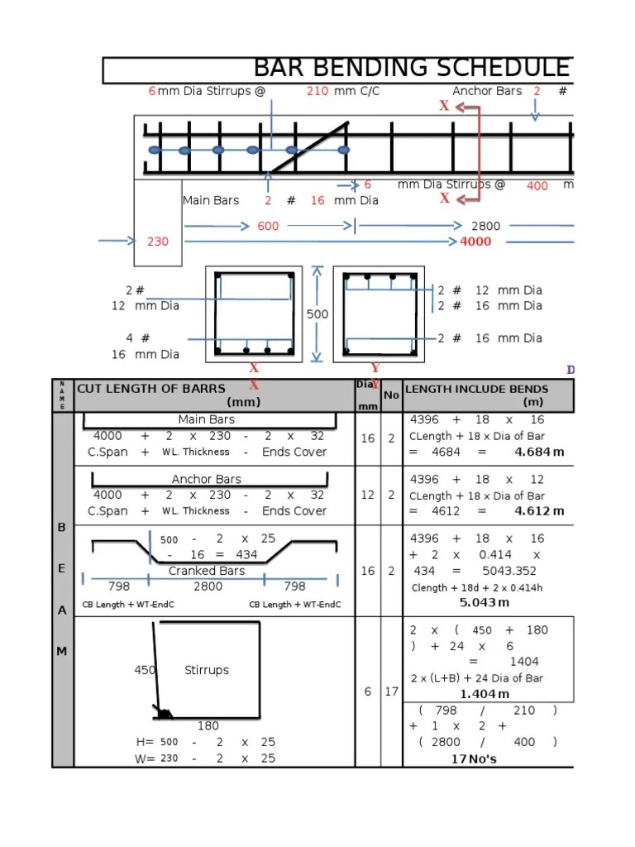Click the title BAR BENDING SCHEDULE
pyautogui.click(x=412, y=68)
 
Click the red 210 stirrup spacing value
pyautogui.click(x=317, y=91)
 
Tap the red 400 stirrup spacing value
pyautogui.click(x=537, y=186)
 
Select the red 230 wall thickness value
pyautogui.click(x=158, y=242)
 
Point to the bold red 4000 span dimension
pyautogui.click(x=475, y=242)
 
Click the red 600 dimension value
pyautogui.click(x=268, y=226)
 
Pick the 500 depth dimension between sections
pyautogui.click(x=317, y=314)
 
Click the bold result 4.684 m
pyautogui.click(x=539, y=452)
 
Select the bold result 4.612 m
pyautogui.click(x=539, y=511)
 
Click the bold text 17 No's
pyautogui.click(x=474, y=758)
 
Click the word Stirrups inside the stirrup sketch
pyautogui.click(x=207, y=670)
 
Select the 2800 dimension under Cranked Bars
pyautogui.click(x=208, y=586)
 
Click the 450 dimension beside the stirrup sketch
pyautogui.click(x=145, y=670)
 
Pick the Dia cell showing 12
pyautogui.click(x=367, y=495)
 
